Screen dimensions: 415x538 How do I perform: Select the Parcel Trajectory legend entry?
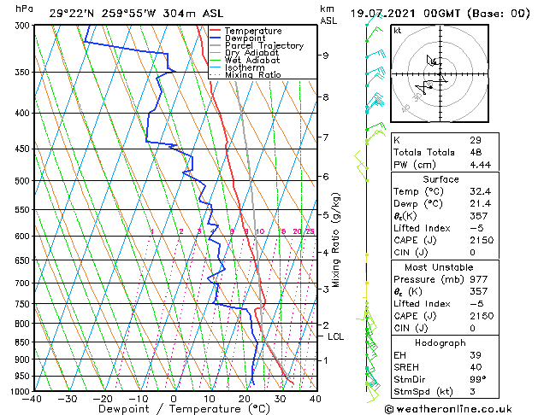point(263,46)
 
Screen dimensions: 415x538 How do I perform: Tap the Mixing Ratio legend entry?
point(253,75)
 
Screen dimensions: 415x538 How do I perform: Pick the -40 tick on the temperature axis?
point(33,399)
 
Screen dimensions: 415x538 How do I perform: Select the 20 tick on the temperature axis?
point(245,399)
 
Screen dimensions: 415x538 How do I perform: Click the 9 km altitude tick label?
point(326,56)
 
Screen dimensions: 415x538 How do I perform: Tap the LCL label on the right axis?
point(335,336)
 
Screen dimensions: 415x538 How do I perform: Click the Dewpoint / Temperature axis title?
point(174,409)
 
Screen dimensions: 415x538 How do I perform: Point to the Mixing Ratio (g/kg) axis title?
point(337,239)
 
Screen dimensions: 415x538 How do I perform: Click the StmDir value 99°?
point(477,379)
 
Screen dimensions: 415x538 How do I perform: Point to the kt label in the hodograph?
point(397,31)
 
